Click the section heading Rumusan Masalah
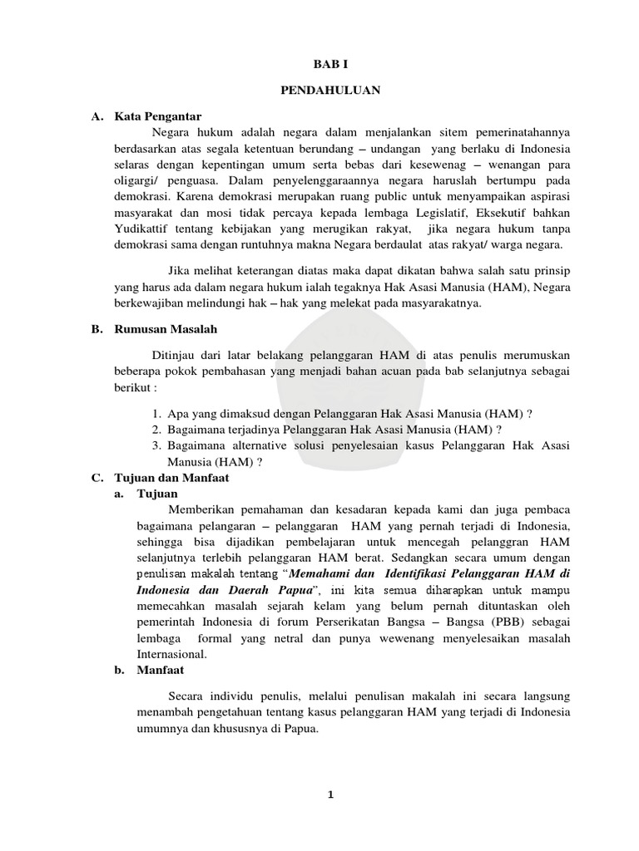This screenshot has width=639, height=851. [165, 329]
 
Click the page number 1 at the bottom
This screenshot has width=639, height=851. [330, 794]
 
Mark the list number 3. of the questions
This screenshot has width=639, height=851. [156, 447]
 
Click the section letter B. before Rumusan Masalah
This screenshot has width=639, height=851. [97, 329]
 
